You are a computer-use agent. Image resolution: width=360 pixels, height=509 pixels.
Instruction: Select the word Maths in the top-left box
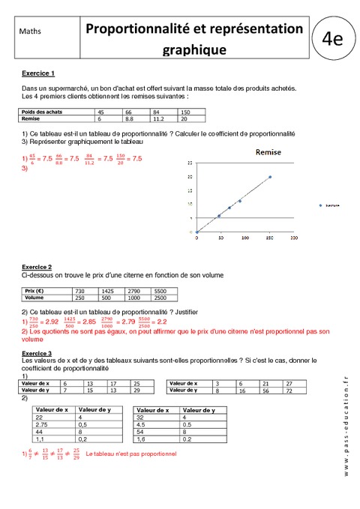pyautogui.click(x=31, y=32)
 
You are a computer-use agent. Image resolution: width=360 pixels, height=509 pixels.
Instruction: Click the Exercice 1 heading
pyautogui.click(x=37, y=73)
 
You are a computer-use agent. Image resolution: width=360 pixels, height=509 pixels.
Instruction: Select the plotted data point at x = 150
pyautogui.click(x=270, y=177)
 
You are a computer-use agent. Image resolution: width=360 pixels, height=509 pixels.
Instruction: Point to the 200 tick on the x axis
pyautogui.click(x=294, y=237)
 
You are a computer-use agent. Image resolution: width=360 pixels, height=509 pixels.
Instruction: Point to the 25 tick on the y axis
pyautogui.click(x=190, y=161)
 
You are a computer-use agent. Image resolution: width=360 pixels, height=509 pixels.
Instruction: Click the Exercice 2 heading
pyautogui.click(x=37, y=267)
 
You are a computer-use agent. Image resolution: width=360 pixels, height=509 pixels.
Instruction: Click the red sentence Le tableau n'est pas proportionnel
pyautogui.click(x=131, y=454)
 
